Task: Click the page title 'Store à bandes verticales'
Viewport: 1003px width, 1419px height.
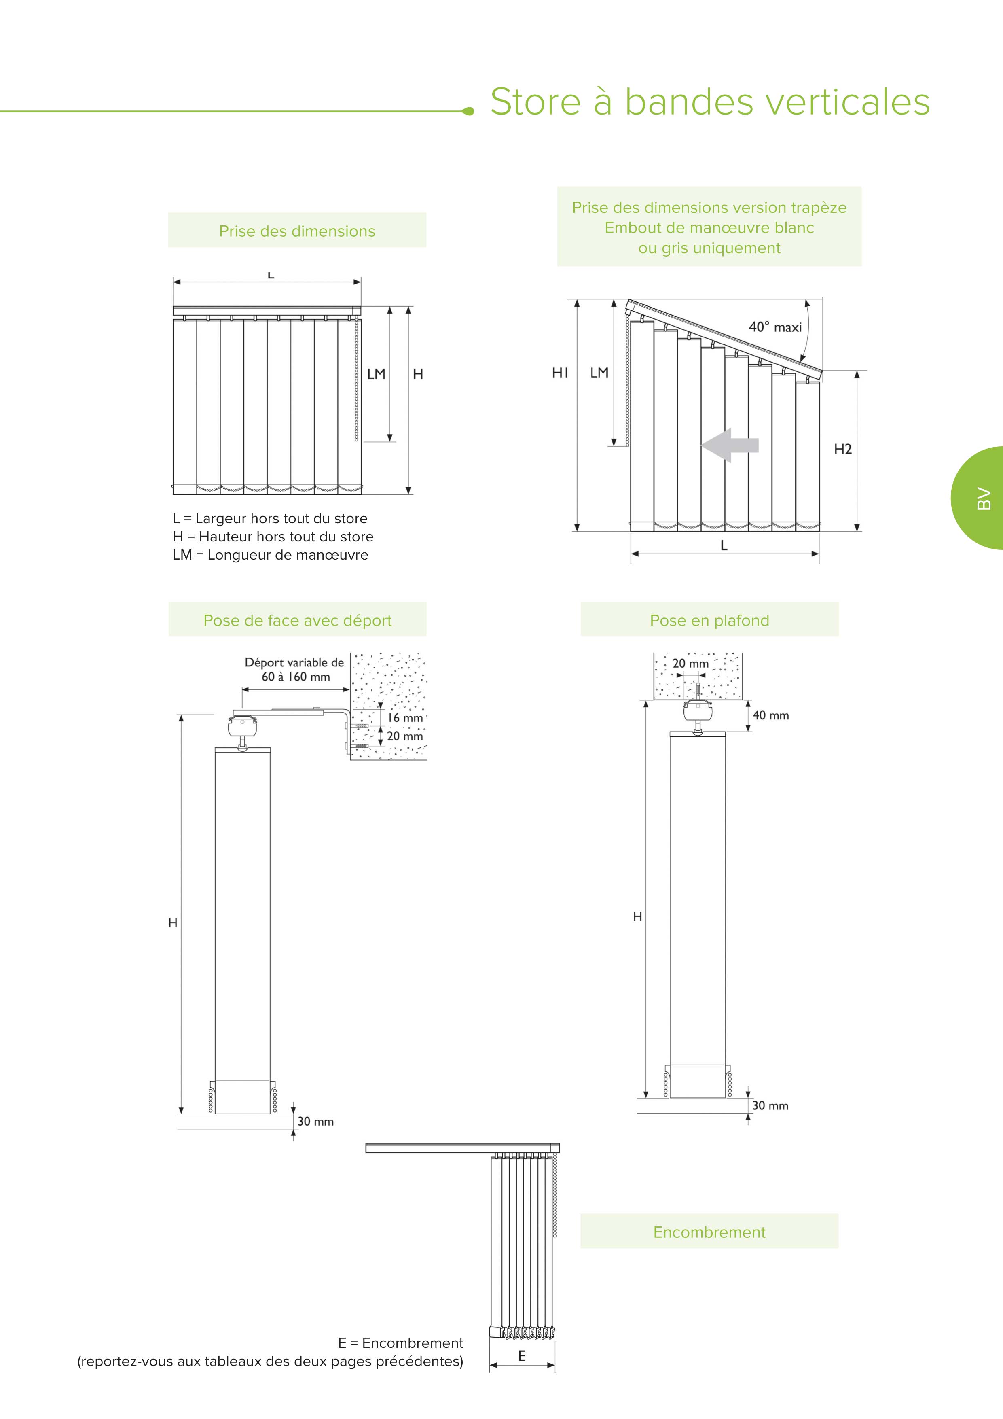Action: pyautogui.click(x=710, y=102)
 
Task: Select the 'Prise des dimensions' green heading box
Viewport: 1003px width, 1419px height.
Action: pyautogui.click(x=297, y=231)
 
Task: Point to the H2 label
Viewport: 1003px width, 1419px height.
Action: pyautogui.click(x=842, y=449)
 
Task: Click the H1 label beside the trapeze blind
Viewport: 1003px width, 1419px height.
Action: pyautogui.click(x=560, y=373)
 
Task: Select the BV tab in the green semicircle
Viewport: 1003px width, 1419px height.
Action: pyautogui.click(x=983, y=498)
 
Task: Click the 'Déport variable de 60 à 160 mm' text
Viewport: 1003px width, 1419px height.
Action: pyautogui.click(x=294, y=669)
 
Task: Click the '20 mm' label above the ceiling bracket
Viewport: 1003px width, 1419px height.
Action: pyautogui.click(x=690, y=664)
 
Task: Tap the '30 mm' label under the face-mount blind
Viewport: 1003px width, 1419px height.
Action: pyautogui.click(x=315, y=1121)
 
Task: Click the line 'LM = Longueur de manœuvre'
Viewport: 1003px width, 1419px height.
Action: pyautogui.click(x=270, y=555)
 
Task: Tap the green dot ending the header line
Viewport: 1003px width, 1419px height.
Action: pyautogui.click(x=468, y=111)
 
